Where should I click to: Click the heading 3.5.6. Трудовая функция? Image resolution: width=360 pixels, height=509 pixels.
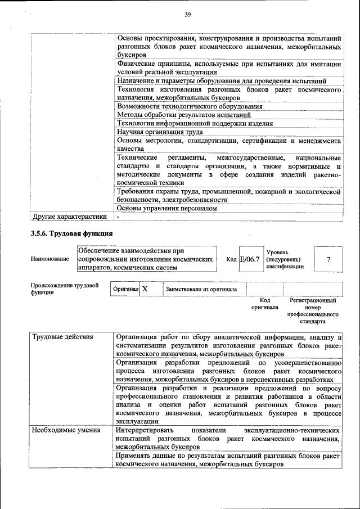click(72, 233)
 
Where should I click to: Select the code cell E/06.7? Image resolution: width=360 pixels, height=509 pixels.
click(250, 259)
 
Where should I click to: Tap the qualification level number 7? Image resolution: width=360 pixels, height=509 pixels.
click(328, 259)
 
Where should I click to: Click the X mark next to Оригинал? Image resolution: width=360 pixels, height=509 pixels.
click(145, 289)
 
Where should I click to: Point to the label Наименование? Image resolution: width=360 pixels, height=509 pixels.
click(51, 259)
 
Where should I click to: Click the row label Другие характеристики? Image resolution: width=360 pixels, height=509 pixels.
click(69, 216)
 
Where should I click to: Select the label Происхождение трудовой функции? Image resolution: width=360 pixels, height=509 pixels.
click(61, 289)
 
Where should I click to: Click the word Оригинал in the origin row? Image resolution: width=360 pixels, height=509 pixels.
click(125, 289)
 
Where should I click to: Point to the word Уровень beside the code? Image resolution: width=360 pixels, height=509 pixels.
click(277, 253)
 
